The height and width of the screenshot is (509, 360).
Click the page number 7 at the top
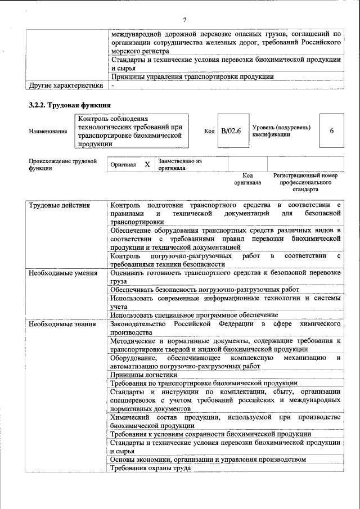coord(184,20)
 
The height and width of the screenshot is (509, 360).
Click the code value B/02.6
coord(231,131)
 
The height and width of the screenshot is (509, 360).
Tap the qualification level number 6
coord(331,131)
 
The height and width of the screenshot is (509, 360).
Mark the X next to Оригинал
coord(147,164)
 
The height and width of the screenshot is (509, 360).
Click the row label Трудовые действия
coord(59,205)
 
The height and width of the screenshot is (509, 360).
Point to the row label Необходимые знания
coord(62,325)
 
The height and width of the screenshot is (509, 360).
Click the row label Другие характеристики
coord(66,85)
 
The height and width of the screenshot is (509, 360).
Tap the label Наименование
coord(47,132)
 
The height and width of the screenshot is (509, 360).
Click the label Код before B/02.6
coord(209,131)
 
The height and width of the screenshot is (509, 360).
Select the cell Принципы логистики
coord(143,374)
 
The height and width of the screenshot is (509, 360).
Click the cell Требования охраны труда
coord(150,468)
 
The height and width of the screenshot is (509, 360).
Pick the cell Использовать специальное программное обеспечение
coord(194,315)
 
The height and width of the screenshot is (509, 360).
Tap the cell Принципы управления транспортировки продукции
coord(192,76)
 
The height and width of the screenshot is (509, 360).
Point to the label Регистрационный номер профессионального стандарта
coord(305,182)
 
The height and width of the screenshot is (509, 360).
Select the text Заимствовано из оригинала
coord(180,164)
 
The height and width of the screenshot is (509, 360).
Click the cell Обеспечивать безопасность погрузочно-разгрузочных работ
coord(205,289)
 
